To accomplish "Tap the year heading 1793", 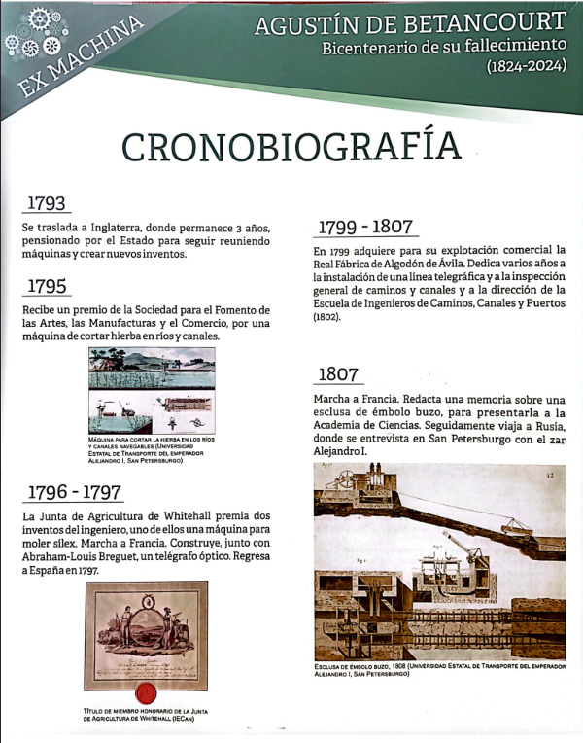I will point(47,203).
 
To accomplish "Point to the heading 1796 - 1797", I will point(74,490).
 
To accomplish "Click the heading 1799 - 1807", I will point(365,227).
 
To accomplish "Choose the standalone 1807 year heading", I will point(336,373).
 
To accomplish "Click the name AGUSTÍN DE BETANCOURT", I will point(410,24).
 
